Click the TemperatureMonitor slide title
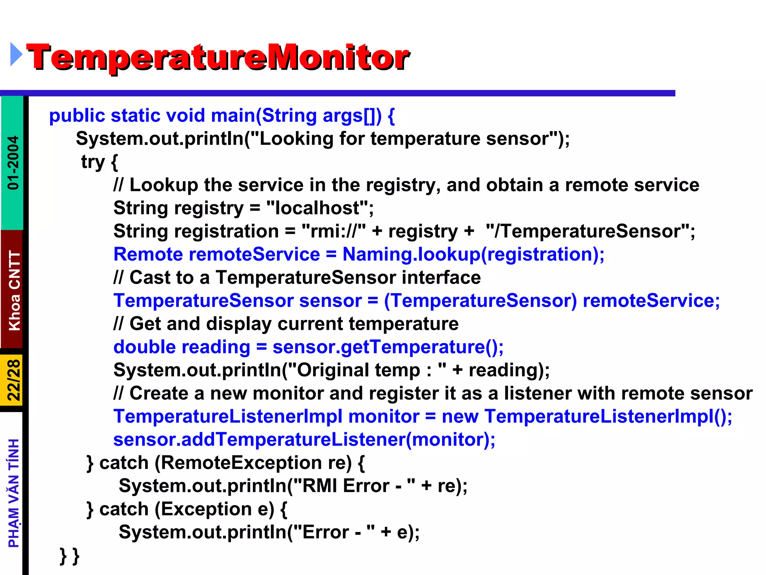click(218, 57)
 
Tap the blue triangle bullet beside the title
click(16, 55)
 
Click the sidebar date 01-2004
click(13, 162)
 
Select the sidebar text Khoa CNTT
click(14, 290)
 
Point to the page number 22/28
click(13, 380)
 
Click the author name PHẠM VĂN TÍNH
click(13, 493)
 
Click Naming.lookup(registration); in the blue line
click(473, 255)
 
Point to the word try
click(93, 162)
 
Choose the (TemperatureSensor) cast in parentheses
click(480, 301)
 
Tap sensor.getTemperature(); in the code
click(388, 347)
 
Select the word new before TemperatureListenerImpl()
click(460, 417)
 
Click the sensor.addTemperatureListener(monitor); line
click(304, 440)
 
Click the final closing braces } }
click(70, 556)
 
